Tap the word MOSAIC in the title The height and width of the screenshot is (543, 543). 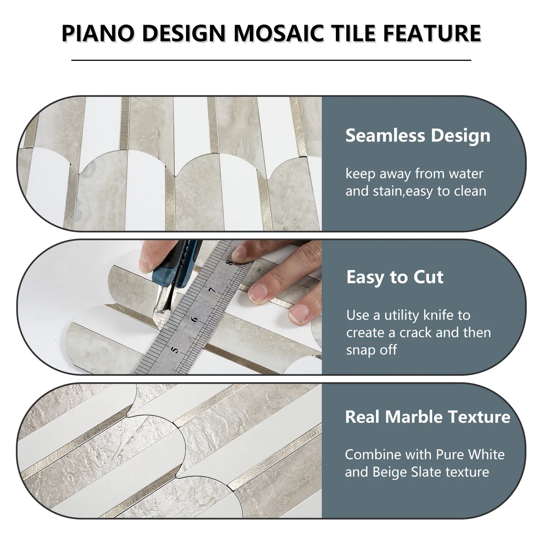278,33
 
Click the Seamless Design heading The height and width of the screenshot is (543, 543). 417,136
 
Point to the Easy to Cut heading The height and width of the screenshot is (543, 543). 395,277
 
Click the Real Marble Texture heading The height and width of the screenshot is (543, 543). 427,417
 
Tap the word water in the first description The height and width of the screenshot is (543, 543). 466,174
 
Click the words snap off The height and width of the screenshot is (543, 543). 371,350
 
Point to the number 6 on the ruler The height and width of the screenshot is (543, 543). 194,319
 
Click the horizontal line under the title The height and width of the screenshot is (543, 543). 271,60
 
